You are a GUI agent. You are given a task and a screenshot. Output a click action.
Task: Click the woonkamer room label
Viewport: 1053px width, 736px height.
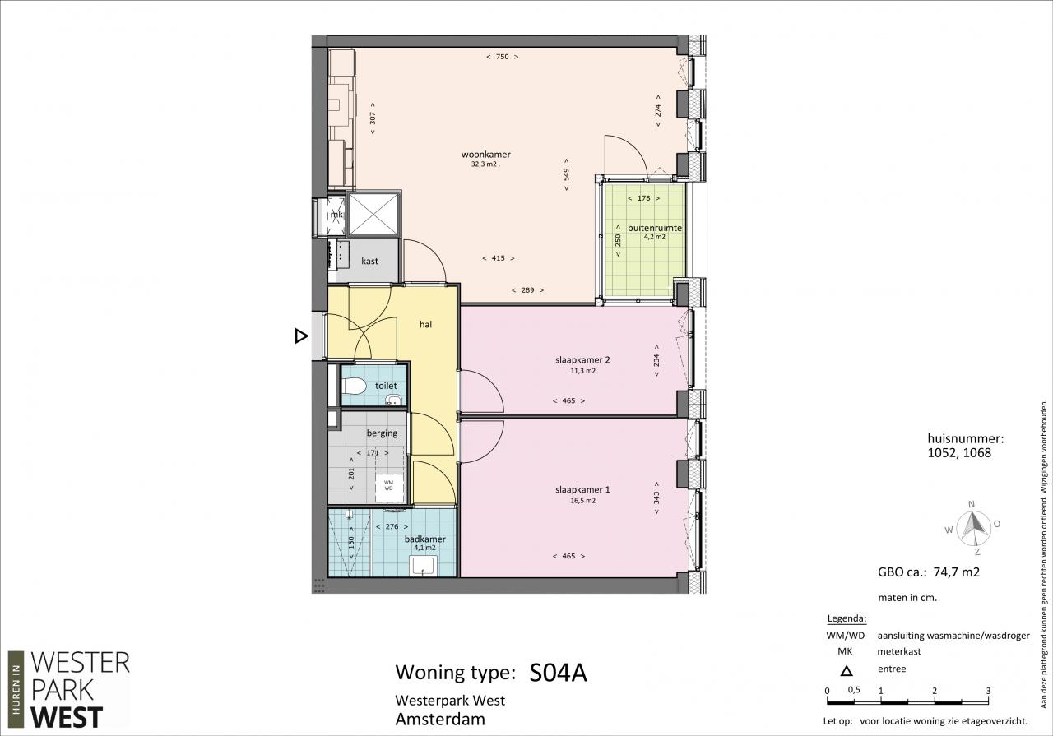click(x=485, y=154)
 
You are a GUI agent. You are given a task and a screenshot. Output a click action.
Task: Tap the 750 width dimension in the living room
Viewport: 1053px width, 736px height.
click(x=502, y=57)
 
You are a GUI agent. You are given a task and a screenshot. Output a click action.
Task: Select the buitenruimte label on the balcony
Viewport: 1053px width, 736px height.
click(x=654, y=228)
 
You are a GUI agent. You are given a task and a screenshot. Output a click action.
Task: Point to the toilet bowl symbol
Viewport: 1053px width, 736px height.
click(x=354, y=387)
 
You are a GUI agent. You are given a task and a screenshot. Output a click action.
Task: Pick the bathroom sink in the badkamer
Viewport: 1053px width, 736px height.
click(x=424, y=566)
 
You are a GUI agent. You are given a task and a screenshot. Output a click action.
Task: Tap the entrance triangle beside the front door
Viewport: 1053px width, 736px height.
click(x=301, y=336)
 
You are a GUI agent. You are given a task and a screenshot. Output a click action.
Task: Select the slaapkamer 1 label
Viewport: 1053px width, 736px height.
click(x=582, y=490)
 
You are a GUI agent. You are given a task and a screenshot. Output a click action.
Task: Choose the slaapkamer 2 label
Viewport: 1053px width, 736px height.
click(x=582, y=360)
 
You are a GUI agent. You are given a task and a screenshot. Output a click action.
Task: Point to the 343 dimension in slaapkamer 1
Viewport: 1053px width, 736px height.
click(x=656, y=498)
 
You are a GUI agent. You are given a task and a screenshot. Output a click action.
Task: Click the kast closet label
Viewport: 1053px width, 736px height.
click(x=369, y=261)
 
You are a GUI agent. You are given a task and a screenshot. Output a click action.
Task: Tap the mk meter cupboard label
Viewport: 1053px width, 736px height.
click(x=336, y=215)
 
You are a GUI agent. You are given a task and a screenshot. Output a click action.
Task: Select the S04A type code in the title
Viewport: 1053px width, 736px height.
click(x=558, y=673)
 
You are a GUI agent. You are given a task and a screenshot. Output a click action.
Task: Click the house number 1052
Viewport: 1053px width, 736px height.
click(x=943, y=453)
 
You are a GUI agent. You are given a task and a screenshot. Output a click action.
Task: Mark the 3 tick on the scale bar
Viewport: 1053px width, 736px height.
click(x=989, y=691)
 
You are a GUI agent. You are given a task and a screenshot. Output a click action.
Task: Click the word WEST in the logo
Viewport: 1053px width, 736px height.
click(x=67, y=718)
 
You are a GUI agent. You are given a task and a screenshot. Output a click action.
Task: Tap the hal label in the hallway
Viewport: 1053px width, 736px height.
click(x=425, y=324)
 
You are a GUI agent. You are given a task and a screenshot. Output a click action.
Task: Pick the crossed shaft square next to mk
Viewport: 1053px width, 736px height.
click(x=373, y=214)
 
